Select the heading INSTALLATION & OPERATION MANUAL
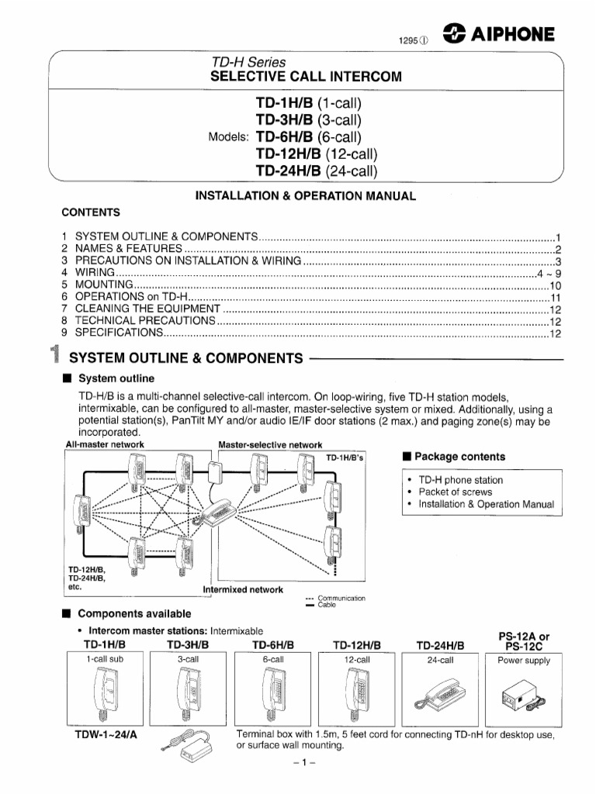[x=305, y=196]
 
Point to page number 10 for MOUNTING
[x=555, y=286]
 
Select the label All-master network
[x=105, y=444]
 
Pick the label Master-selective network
[x=270, y=444]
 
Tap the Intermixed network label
[x=243, y=589]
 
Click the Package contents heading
[x=454, y=457]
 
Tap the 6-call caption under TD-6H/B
[x=273, y=661]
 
